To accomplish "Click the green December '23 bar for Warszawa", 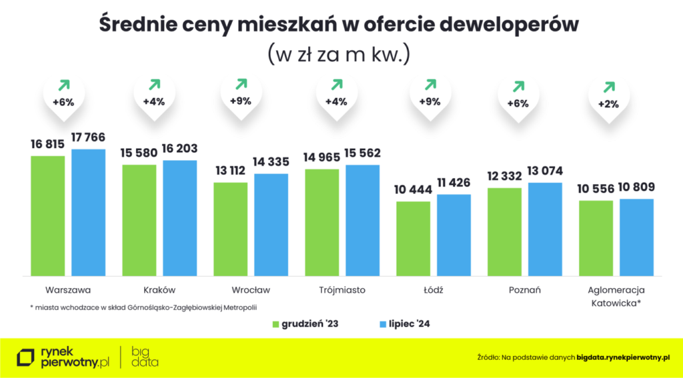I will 47,215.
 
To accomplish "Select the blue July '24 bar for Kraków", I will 179,217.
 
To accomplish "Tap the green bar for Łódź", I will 413,238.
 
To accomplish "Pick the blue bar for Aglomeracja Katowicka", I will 636,237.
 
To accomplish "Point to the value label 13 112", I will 230,171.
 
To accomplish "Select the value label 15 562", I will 362,153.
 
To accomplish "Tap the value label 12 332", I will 504,176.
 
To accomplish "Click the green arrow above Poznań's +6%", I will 517,87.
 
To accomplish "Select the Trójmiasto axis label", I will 342,291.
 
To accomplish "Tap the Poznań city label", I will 524,291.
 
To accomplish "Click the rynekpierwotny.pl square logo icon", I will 26,357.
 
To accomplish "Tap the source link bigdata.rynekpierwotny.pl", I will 623,357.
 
